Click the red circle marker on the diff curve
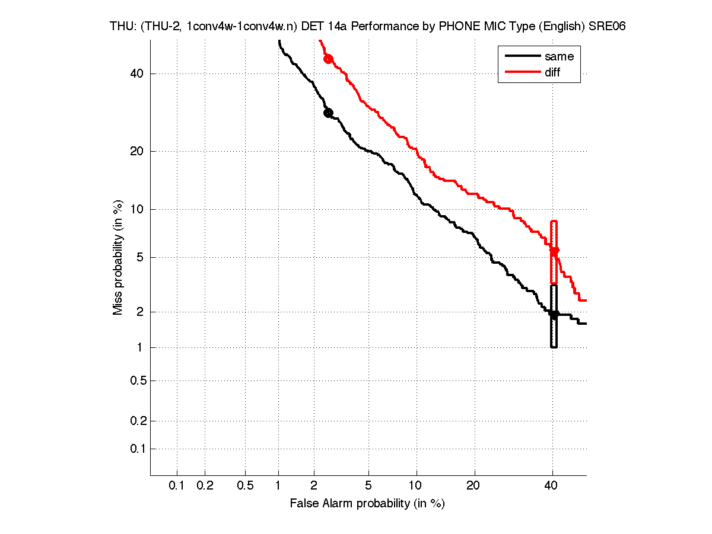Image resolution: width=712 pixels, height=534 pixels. point(328,59)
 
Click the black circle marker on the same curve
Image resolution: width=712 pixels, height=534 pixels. point(328,113)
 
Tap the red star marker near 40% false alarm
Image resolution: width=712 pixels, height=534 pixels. point(554,251)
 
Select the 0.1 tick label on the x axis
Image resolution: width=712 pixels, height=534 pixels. point(177,485)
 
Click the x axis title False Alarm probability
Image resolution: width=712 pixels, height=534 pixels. point(367,504)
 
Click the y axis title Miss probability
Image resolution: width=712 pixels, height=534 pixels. point(118,257)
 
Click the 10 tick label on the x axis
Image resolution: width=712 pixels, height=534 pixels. point(417,485)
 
